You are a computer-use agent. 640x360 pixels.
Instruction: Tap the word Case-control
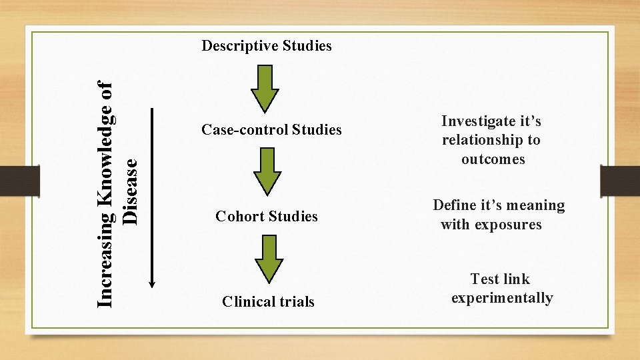coord(244,130)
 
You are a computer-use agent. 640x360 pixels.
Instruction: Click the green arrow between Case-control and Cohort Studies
coord(267,172)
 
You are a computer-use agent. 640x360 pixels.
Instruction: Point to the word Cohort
coord(239,217)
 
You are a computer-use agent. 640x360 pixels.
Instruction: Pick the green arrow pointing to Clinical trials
coord(267,259)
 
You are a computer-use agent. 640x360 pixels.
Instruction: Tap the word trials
coord(297,302)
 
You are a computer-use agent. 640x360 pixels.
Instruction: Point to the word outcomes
coord(493,159)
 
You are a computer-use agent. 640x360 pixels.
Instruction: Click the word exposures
coord(508,225)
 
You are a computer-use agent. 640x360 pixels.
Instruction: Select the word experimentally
coord(502,298)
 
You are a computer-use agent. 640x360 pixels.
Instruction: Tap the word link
coord(517,279)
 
